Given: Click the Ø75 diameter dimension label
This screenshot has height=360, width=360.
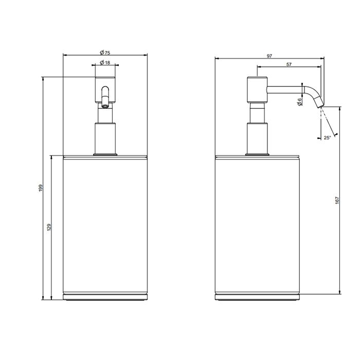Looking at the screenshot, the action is click(x=105, y=52).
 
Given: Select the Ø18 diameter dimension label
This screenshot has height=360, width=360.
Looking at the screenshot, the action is click(x=105, y=62).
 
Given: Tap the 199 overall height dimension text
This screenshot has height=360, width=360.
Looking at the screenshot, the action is click(x=41, y=188).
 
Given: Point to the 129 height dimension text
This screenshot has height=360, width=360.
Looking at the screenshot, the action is click(x=49, y=227).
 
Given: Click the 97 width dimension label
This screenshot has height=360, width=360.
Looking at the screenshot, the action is click(x=269, y=56).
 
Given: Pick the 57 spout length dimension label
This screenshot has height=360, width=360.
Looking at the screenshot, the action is click(x=289, y=64).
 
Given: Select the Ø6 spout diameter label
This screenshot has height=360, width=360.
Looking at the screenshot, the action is click(x=299, y=102).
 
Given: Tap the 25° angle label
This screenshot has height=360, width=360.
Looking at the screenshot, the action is click(x=327, y=138).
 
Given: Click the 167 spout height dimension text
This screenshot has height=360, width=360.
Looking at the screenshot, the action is click(x=337, y=201).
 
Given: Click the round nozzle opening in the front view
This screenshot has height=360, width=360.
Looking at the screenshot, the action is click(x=105, y=106).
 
